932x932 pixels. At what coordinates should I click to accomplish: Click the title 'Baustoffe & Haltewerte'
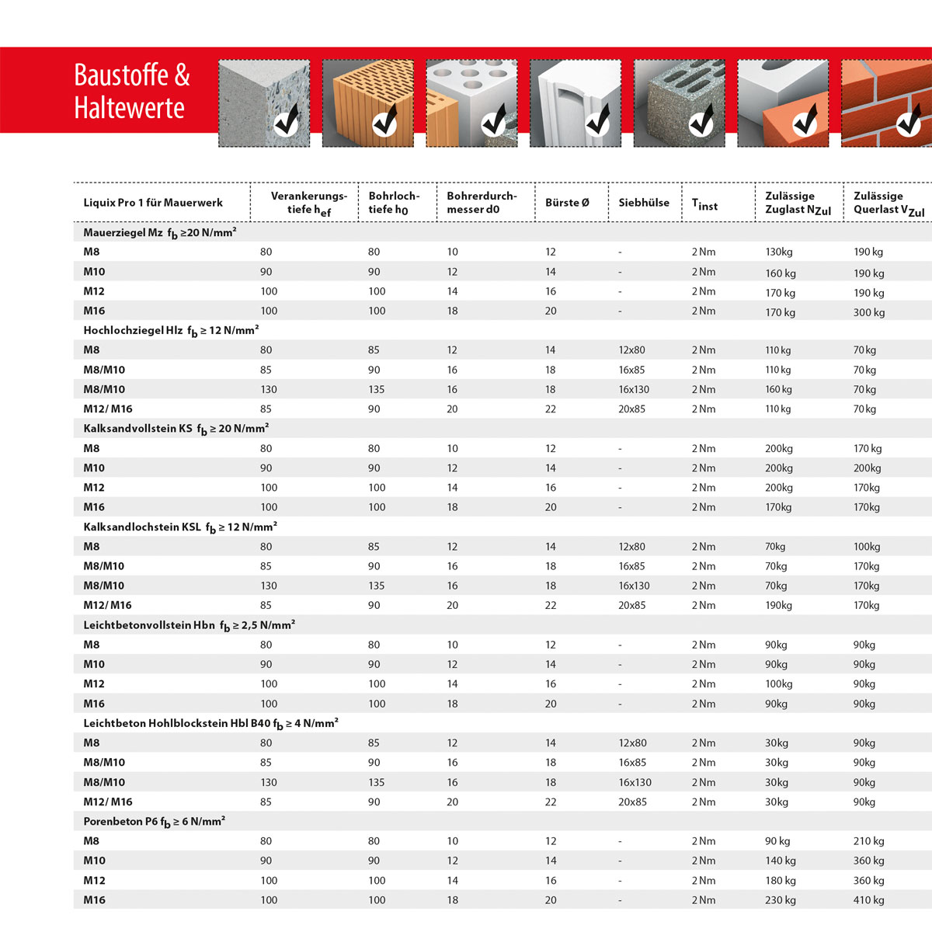(x=131, y=91)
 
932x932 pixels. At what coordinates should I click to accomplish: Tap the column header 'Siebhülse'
(x=644, y=203)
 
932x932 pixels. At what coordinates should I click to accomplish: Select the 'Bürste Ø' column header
(x=567, y=203)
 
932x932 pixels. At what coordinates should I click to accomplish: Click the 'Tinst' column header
(x=704, y=204)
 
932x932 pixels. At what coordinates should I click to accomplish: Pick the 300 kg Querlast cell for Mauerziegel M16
(x=869, y=312)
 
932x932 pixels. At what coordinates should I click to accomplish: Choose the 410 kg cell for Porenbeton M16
(x=869, y=900)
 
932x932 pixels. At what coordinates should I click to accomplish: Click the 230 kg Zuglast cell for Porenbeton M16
(x=781, y=900)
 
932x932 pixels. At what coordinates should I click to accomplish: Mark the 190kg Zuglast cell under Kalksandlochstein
(x=778, y=606)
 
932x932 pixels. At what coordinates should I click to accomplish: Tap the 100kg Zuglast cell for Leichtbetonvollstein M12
(x=778, y=684)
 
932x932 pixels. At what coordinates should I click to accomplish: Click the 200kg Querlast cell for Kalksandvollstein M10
(x=867, y=468)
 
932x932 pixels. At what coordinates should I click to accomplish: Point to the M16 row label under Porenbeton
(x=94, y=900)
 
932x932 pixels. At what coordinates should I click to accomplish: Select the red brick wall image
(x=885, y=103)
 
